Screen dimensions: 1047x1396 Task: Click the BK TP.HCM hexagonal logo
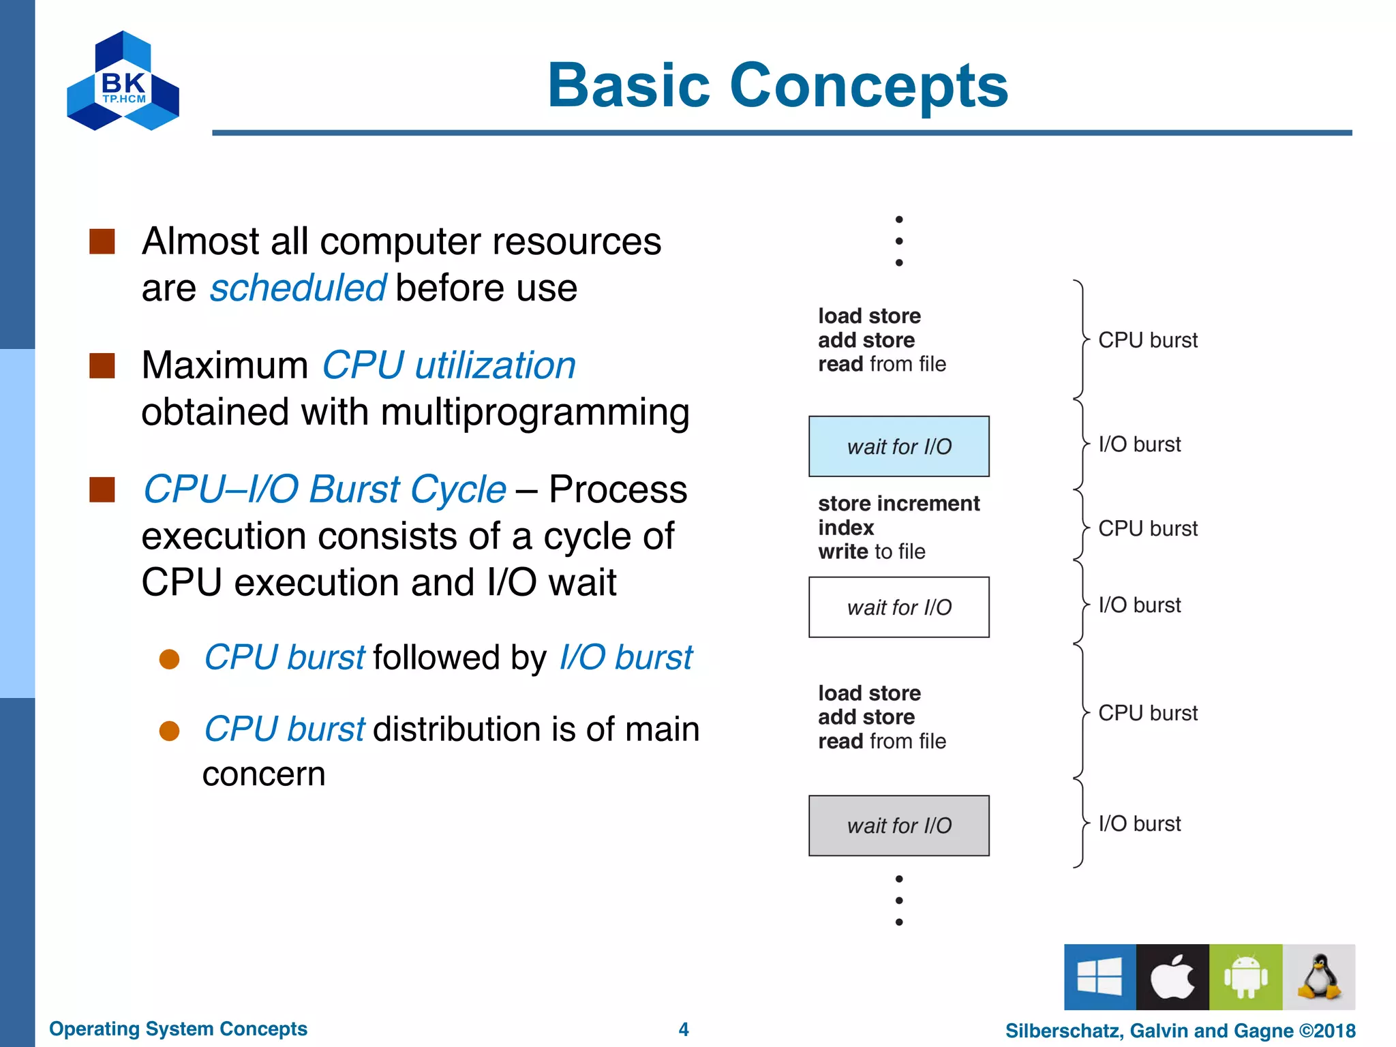point(123,81)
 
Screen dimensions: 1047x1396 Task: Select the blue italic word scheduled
point(298,288)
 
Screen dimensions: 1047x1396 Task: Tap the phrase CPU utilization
point(449,365)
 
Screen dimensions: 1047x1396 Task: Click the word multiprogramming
point(534,412)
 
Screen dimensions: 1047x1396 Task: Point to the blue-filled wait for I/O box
point(898,446)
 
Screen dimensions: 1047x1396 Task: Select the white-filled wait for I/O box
point(898,607)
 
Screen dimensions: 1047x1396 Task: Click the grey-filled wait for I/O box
point(898,825)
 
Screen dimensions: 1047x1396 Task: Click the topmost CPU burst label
point(1147,340)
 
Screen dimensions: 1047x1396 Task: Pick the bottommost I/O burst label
point(1139,823)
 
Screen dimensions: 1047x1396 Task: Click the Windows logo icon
point(1099,977)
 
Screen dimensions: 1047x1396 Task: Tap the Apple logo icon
point(1172,977)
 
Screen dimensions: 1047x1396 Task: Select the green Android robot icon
point(1245,977)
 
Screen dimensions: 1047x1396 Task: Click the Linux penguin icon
point(1319,977)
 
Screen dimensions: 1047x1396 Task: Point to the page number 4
point(684,1029)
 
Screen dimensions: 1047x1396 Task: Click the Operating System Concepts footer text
point(178,1029)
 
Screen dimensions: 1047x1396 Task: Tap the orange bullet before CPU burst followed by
point(169,658)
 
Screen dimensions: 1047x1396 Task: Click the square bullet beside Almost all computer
point(102,241)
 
